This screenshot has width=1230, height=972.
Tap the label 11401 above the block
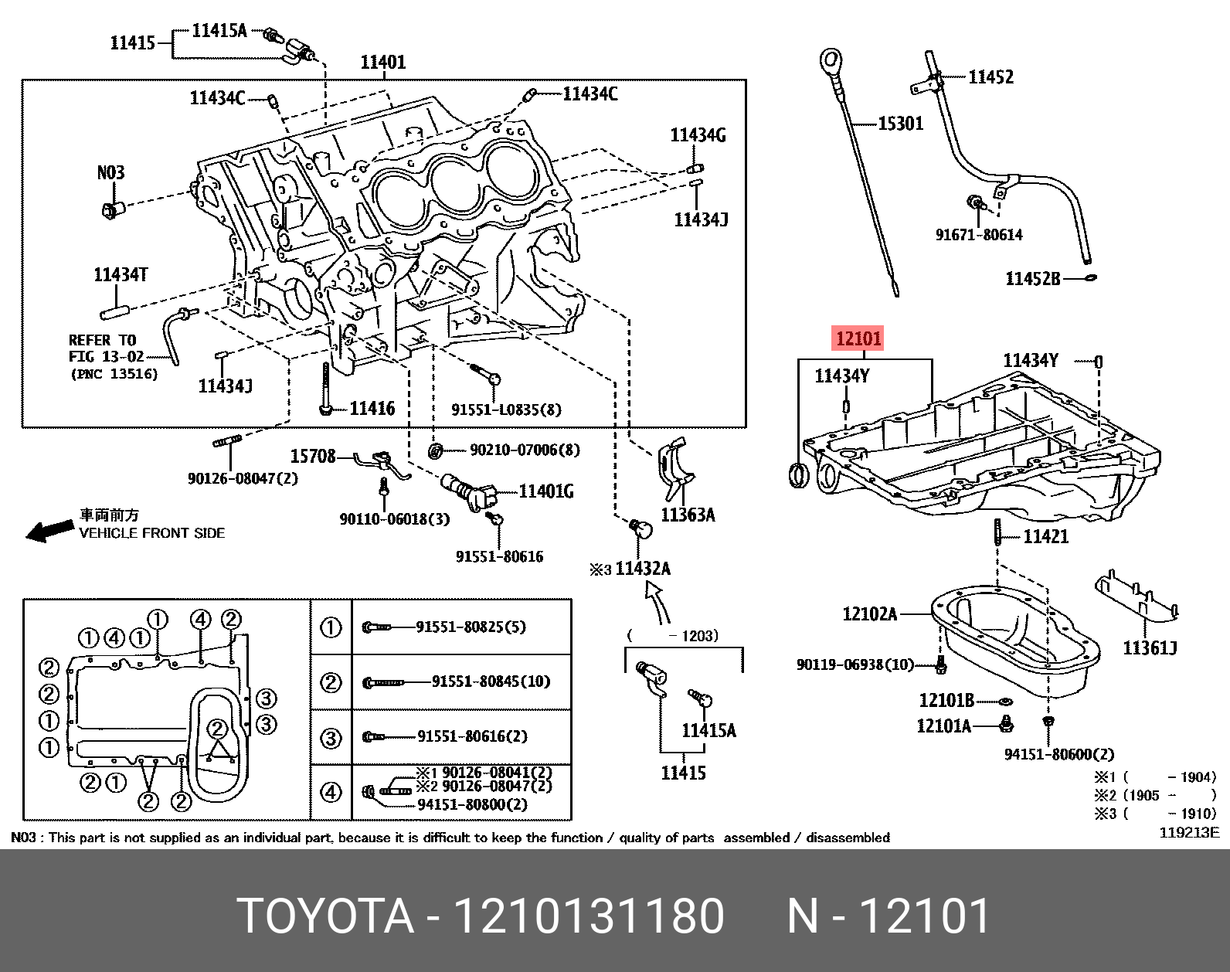pyautogui.click(x=384, y=62)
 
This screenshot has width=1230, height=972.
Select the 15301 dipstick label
pyautogui.click(x=900, y=124)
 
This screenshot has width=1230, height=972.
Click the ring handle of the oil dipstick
pyautogui.click(x=830, y=58)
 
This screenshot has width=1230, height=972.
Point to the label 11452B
pyautogui.click(x=1033, y=278)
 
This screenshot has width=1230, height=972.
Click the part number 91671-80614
pyautogui.click(x=979, y=235)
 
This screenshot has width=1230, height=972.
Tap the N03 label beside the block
pyautogui.click(x=110, y=172)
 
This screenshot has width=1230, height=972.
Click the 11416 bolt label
pyautogui.click(x=372, y=409)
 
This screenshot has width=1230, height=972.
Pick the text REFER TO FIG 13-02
pyautogui.click(x=103, y=348)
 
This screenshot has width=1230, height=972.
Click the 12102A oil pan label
pyautogui.click(x=869, y=614)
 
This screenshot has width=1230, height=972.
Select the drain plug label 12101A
pyautogui.click(x=943, y=726)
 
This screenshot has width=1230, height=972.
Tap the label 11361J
pyautogui.click(x=1149, y=647)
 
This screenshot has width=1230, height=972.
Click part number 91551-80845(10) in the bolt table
pyautogui.click(x=491, y=681)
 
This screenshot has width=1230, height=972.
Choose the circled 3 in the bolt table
pyautogui.click(x=331, y=738)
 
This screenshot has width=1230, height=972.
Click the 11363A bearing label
pyautogui.click(x=688, y=514)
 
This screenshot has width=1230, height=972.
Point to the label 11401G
pyautogui.click(x=545, y=491)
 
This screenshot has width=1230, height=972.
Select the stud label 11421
pyautogui.click(x=1045, y=536)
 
